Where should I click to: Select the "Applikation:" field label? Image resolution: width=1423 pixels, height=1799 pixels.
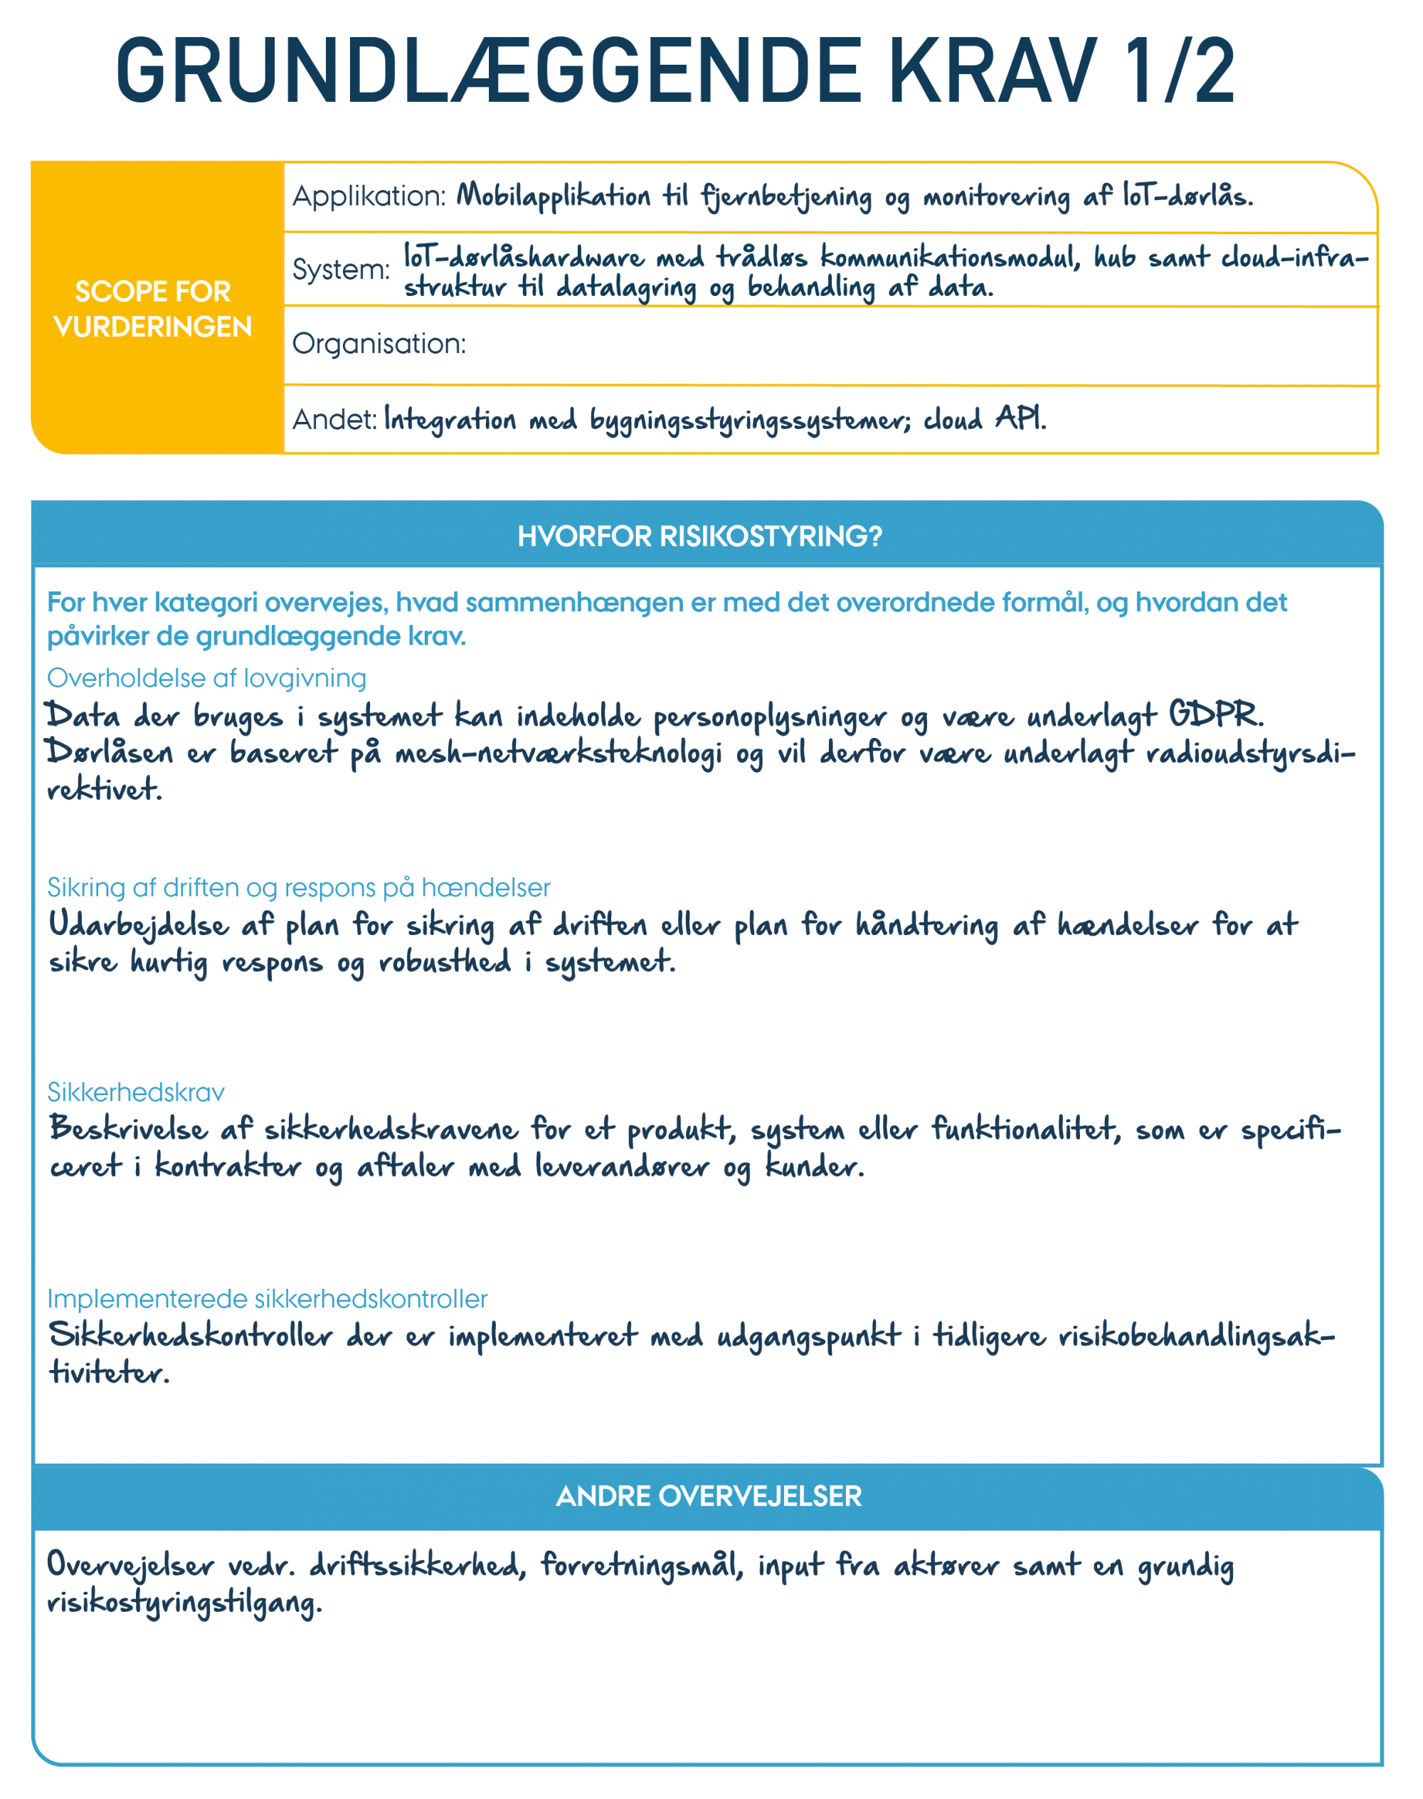(x=369, y=196)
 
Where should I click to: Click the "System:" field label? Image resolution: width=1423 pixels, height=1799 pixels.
(x=341, y=270)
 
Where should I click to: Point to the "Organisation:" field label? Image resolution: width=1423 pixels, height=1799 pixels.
(x=379, y=343)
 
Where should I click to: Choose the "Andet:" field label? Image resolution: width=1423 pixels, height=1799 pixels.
(x=335, y=419)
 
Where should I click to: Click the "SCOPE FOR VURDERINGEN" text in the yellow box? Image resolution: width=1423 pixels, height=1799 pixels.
(x=153, y=309)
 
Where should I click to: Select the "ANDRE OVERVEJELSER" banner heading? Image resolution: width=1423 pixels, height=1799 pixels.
(x=708, y=1497)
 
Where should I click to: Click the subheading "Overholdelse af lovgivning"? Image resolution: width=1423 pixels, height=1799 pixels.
(x=206, y=678)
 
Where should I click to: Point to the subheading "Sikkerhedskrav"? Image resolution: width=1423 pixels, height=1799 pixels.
(x=136, y=1092)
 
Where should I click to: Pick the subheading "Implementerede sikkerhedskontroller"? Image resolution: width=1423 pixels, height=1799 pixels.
(x=267, y=1299)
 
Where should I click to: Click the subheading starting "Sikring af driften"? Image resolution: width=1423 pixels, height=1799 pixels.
(x=298, y=887)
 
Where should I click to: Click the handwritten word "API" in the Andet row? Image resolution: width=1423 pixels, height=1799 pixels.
(x=1020, y=418)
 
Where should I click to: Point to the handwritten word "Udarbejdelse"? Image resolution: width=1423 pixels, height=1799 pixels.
(x=138, y=926)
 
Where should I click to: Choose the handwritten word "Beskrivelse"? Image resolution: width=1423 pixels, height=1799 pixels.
(x=127, y=1130)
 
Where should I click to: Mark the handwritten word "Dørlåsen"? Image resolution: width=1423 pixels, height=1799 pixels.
(x=109, y=752)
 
